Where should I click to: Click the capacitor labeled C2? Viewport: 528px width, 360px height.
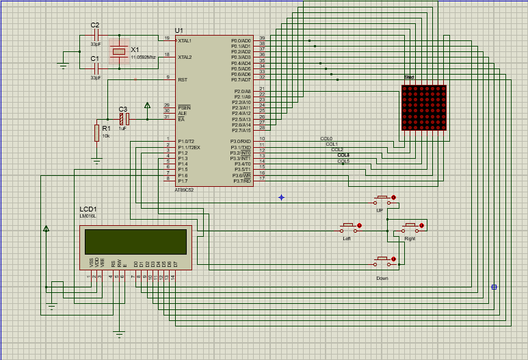tap(96, 34)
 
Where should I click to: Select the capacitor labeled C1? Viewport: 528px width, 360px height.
tap(96, 67)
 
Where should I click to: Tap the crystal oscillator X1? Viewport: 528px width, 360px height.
tap(120, 51)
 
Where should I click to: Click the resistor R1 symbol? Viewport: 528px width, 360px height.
tap(96, 133)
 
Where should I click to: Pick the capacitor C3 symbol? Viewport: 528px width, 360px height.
tap(123, 118)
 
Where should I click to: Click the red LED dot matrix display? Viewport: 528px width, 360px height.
tap(424, 107)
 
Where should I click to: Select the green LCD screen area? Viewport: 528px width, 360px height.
tap(135, 241)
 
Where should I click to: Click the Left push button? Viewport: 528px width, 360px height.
tap(348, 226)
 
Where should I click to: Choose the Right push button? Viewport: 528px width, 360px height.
tap(410, 226)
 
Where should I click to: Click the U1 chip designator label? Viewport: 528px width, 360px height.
tap(179, 31)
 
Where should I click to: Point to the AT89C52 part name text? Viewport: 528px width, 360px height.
tap(185, 190)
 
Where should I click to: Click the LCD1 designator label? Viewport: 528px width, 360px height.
tap(88, 209)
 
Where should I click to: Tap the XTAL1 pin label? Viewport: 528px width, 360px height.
tap(185, 41)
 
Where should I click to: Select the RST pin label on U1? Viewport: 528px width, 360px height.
tap(183, 80)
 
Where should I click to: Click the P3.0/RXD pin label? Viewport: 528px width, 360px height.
tap(241, 141)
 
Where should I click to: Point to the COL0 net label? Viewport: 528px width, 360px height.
tap(326, 138)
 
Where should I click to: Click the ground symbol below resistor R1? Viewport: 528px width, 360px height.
tap(96, 160)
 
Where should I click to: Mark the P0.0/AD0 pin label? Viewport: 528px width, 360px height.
tap(241, 41)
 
